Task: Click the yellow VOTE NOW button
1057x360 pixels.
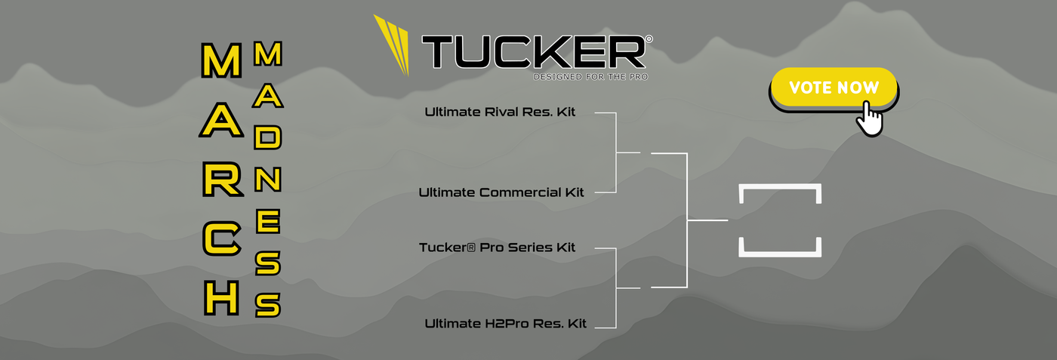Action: [x=833, y=88]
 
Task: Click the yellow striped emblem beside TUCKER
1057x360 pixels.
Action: [x=393, y=44]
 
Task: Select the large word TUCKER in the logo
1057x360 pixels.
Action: [x=532, y=51]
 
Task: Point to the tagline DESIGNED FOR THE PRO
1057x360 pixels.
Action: [x=590, y=76]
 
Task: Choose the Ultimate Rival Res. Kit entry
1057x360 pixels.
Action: [x=500, y=112]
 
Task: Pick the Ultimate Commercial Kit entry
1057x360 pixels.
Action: [x=501, y=192]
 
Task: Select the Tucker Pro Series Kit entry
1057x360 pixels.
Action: [x=498, y=248]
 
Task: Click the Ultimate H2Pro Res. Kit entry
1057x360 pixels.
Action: [x=505, y=324]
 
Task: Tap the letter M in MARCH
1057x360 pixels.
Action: [x=221, y=61]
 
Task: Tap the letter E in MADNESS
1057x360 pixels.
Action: [x=267, y=222]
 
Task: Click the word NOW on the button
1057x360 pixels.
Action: [x=858, y=88]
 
